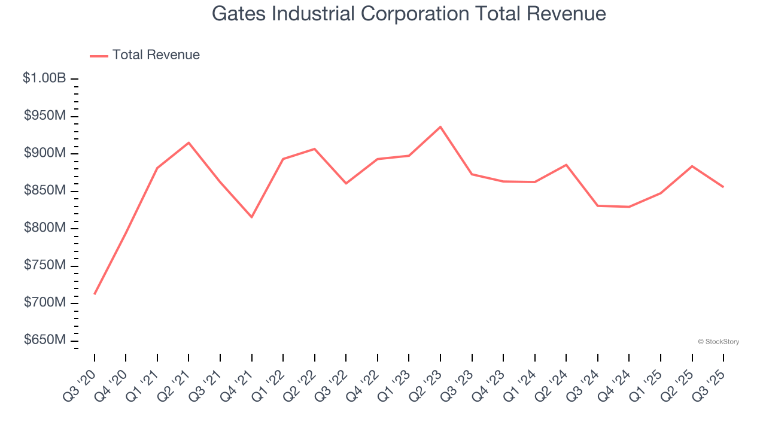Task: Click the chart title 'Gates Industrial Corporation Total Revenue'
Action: coord(409,14)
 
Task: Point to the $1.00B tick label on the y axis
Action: coord(44,78)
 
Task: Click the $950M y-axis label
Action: coord(45,116)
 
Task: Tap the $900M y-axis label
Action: coord(45,153)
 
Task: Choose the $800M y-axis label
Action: coord(45,228)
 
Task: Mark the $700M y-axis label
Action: coord(45,303)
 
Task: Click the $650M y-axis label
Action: coord(45,340)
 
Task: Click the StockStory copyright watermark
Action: coord(718,342)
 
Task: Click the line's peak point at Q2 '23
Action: coord(440,127)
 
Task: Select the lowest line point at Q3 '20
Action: coord(95,294)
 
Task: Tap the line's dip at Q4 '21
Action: coord(252,217)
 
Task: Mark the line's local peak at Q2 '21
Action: coord(189,142)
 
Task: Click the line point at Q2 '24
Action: coord(566,165)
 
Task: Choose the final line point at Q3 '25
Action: coord(723,187)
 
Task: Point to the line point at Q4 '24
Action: coord(629,207)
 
